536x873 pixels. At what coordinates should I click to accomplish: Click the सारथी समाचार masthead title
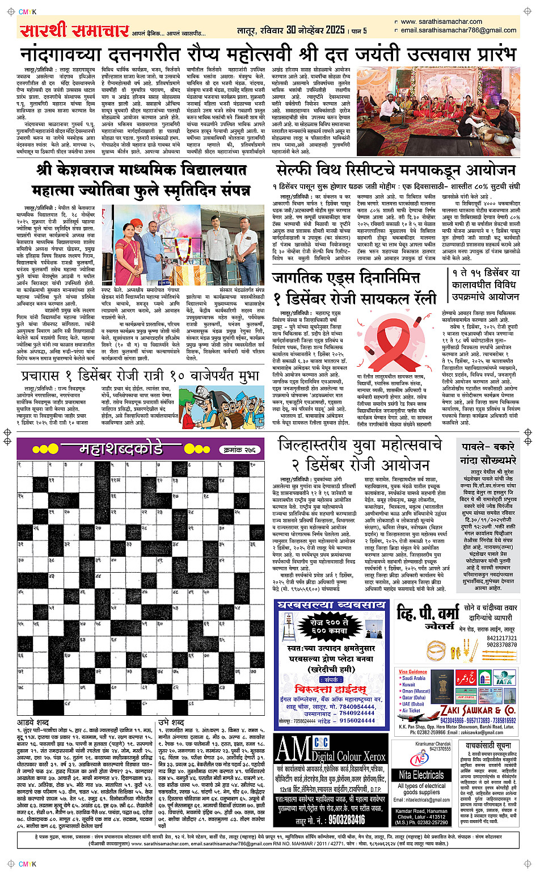point(74,30)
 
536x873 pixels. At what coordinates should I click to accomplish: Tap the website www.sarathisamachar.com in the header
point(442,22)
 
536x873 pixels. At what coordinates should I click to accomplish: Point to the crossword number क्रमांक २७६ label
point(240,450)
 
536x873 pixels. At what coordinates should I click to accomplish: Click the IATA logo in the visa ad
point(503,678)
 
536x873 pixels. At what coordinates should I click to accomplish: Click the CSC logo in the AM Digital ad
point(321,742)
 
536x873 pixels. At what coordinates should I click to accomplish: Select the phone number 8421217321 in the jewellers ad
point(502,638)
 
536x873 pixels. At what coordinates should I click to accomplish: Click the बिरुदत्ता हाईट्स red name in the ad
point(330,689)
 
